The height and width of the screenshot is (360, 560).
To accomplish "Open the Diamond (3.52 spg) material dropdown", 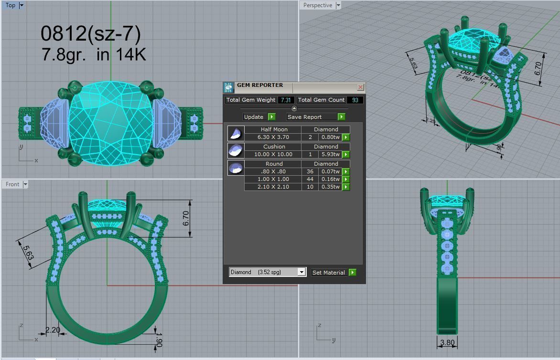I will tap(301, 272).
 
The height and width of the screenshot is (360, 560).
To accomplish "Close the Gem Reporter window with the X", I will tap(360, 87).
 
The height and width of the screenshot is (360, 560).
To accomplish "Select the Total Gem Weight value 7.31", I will tap(286, 100).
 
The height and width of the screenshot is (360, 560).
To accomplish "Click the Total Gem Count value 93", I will tap(355, 100).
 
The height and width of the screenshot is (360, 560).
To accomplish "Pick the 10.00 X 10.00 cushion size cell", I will tap(273, 154).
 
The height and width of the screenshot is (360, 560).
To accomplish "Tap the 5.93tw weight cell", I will tap(330, 154).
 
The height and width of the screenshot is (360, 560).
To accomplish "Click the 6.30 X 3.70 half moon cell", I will tap(273, 137).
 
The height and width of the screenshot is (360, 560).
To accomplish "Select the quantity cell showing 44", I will tap(310, 179).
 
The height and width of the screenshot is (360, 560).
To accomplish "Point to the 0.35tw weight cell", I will tap(330, 187).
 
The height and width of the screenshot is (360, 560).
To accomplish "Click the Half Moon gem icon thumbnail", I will tap(236, 133).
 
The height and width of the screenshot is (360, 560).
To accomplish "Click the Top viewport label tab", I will tap(11, 5).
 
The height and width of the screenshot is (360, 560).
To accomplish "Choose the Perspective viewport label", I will tap(317, 5).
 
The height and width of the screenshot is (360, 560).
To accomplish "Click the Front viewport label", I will tap(12, 184).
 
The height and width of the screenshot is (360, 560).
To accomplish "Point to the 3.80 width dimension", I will tap(447, 342).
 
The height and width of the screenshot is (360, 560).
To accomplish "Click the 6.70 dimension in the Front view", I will tap(186, 218).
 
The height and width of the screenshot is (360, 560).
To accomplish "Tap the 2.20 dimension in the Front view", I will tap(53, 329).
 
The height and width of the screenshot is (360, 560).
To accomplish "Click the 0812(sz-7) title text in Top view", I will tap(90, 33).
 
